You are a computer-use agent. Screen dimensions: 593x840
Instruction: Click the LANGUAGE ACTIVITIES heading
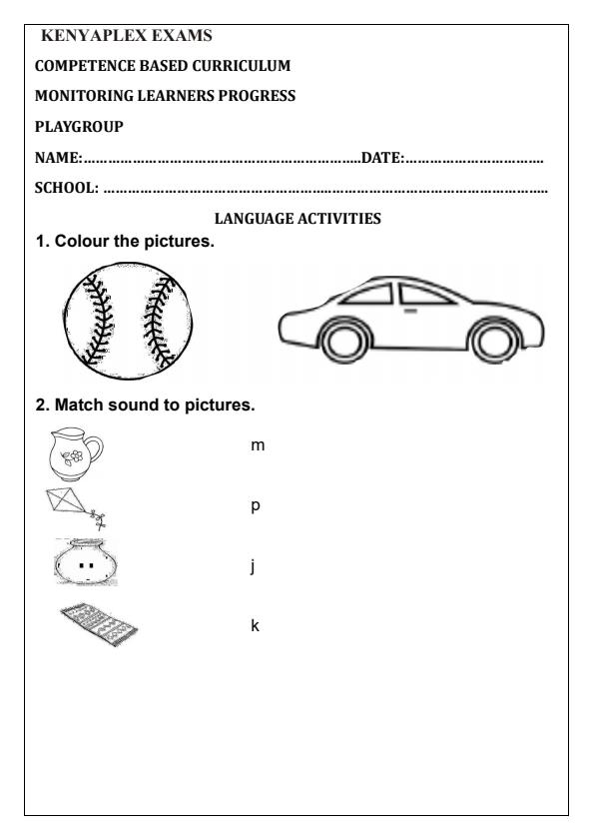296,219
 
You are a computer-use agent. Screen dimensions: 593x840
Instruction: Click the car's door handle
409,311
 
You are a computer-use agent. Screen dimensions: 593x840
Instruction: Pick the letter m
258,443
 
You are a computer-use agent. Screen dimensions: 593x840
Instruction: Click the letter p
256,506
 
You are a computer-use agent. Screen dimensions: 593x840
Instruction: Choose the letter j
254,567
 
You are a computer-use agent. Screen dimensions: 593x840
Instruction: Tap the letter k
255,626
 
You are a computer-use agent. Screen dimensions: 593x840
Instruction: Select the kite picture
72,504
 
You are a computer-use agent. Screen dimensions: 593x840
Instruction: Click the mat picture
97,626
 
